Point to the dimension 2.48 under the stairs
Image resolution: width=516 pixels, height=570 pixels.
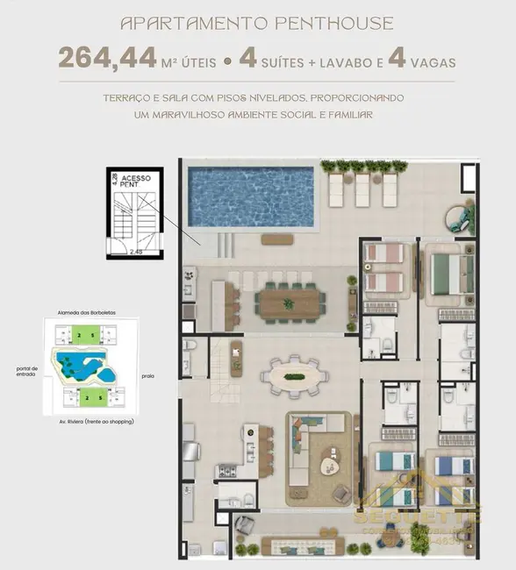pyautogui.click(x=136, y=251)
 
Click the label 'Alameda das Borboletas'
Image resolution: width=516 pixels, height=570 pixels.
pyautogui.click(x=81, y=312)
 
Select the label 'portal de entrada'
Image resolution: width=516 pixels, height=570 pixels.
pyautogui.click(x=26, y=372)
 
